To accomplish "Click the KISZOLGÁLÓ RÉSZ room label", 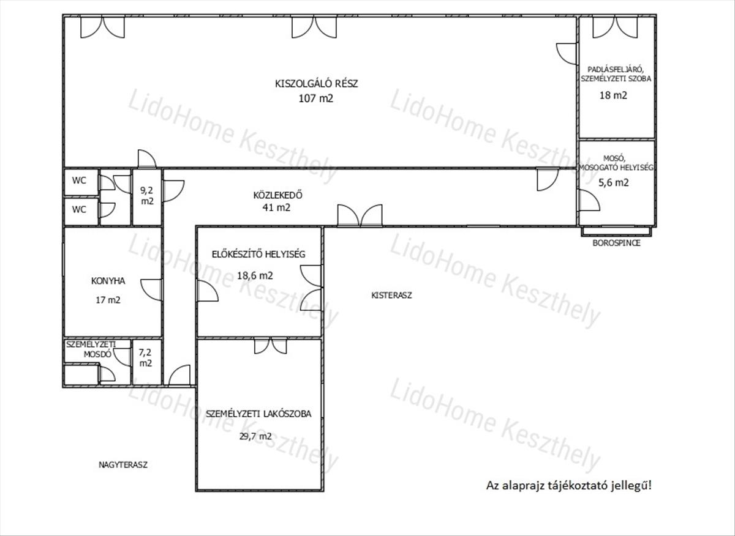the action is point(316,84).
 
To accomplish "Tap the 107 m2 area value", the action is point(315,99).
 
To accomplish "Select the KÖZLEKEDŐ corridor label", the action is point(277,195).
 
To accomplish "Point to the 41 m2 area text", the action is point(276,207).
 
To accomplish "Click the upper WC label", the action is point(79,181).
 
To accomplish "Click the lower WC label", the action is point(79,209).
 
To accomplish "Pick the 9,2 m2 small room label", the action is point(147,195).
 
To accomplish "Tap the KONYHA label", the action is point(108,281).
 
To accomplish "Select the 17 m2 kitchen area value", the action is point(108,300).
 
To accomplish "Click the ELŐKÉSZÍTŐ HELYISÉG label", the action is point(258,254).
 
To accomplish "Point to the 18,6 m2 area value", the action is point(255,275).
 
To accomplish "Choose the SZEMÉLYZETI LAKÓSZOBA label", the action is point(258,414).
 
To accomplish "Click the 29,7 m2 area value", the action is point(255,436).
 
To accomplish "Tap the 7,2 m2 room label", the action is point(145,358).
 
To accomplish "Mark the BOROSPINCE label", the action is point(617,243).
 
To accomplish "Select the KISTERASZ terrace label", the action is point(391,296).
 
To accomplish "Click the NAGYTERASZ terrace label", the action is point(123,465).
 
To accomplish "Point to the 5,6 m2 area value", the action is point(614,182).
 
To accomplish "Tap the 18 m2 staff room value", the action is point(613,95).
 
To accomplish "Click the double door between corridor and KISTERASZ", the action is point(360,216).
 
